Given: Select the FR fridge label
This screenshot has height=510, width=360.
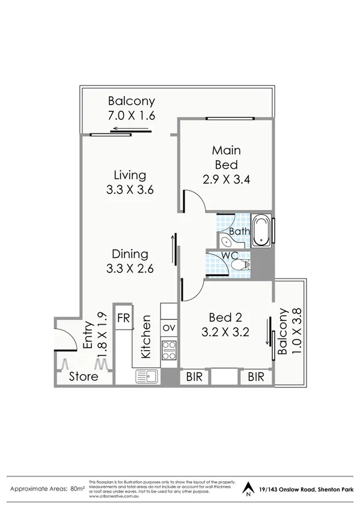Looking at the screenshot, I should tap(124, 317).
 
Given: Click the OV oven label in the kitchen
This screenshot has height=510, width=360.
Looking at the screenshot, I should tap(168, 327).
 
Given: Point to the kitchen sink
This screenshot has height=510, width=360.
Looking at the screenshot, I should tap(147, 377).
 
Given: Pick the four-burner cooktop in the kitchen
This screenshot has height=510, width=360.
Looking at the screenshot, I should tap(169, 349).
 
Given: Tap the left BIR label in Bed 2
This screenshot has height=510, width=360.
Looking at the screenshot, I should tap(194, 377).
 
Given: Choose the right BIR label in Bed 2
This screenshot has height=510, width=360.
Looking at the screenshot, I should tap(257, 377).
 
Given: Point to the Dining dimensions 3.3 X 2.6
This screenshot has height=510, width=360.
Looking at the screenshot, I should tap(130, 268).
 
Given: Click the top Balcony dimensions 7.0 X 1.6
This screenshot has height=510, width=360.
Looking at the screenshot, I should tap(132, 115).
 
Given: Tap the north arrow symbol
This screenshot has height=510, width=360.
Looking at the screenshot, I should tap(247, 488).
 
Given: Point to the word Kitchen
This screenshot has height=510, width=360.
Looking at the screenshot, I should tap(145, 342).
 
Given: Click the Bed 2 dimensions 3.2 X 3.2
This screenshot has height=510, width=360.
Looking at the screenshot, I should tap(225, 330).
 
